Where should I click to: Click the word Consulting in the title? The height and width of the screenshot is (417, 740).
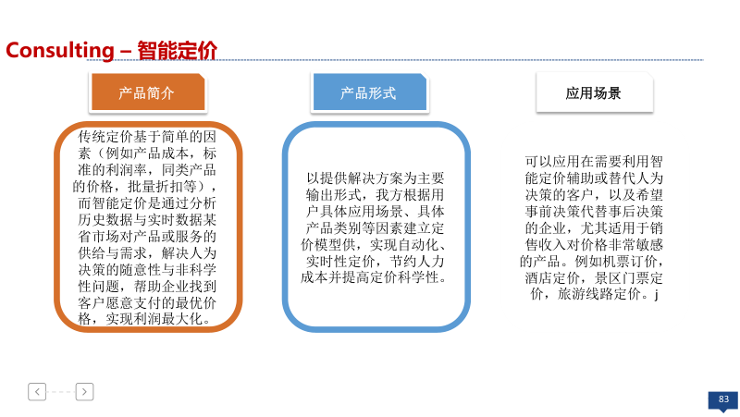tap(60, 51)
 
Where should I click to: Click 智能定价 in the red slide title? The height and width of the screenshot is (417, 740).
tap(178, 51)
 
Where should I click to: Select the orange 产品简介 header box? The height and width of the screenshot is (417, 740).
tap(148, 92)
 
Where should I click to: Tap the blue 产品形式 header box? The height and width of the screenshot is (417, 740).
tap(369, 92)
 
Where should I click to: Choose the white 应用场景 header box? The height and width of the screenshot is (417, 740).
tap(594, 92)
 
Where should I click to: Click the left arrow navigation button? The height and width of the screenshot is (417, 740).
tap(37, 391)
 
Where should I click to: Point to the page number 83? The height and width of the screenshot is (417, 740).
tap(723, 399)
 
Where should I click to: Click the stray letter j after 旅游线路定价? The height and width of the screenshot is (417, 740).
tap(656, 295)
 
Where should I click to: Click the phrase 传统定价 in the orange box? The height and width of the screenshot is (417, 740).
tap(105, 137)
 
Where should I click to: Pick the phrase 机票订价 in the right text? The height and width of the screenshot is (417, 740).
tap(629, 262)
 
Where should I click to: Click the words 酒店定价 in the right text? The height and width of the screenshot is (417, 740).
tap(552, 277)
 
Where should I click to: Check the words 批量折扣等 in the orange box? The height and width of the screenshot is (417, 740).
tap(162, 187)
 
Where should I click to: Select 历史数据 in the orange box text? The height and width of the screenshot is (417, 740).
tap(105, 220)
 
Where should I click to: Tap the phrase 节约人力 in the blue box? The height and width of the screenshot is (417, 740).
tap(417, 262)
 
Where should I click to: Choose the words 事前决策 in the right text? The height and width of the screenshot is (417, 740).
tap(552, 212)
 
